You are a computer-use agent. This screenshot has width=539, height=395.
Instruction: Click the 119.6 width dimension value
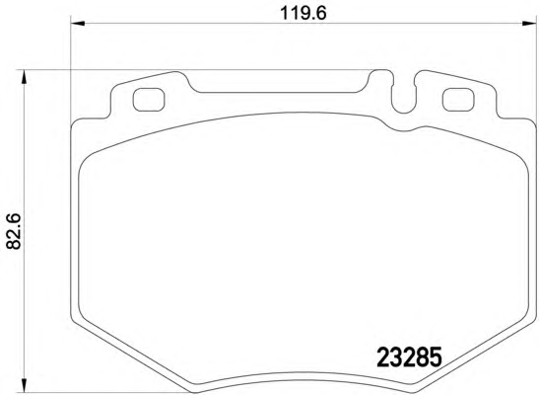coord(303,14)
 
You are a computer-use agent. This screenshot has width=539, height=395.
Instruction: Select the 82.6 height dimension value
coord(14,231)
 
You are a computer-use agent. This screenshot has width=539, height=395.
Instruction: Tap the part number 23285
coord(409,357)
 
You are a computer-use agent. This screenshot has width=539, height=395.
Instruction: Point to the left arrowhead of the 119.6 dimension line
coord(78,24)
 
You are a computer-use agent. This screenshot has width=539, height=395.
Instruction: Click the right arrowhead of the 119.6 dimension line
coord(529,24)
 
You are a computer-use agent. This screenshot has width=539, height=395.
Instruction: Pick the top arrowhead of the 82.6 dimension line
coord(24,77)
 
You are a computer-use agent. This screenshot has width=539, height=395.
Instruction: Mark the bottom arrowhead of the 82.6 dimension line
coord(24,385)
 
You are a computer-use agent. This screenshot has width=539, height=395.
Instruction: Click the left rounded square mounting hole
coord(149,100)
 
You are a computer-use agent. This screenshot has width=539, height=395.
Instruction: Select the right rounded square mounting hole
coord(458,100)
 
